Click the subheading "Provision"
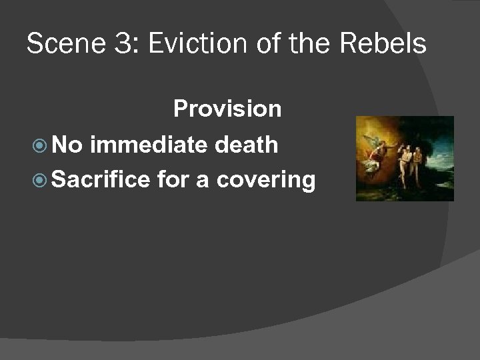(x=227, y=109)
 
